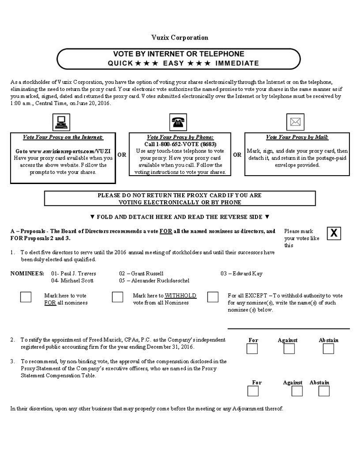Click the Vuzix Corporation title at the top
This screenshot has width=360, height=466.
point(180,37)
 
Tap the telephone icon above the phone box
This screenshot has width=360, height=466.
point(177,122)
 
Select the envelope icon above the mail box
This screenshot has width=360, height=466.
point(295,122)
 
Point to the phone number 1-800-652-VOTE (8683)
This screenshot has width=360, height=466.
point(180,144)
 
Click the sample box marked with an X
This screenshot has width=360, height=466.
point(334,233)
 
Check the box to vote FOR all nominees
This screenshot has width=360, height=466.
point(26,297)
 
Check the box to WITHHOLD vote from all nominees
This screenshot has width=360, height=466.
point(118,297)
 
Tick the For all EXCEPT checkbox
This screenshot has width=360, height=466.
point(213,297)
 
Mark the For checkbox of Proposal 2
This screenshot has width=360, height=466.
point(252,349)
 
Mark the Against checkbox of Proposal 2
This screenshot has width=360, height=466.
point(289,349)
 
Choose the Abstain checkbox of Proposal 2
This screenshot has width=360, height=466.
point(328,349)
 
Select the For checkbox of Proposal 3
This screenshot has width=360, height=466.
point(253,391)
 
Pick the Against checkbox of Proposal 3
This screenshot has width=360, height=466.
point(297,391)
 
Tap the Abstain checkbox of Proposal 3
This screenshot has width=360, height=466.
point(324,391)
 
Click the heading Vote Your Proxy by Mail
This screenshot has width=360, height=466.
point(297,137)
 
